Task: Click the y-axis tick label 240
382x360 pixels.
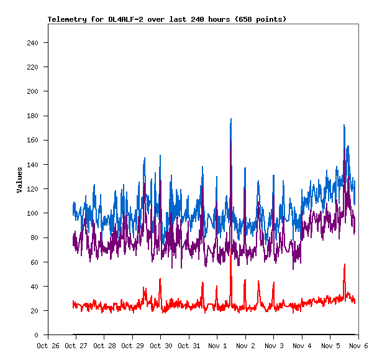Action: pos(32,43)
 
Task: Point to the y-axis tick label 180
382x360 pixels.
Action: pos(32,116)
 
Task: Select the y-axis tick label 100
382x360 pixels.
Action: pos(32,213)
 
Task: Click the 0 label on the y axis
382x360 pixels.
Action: pos(37,335)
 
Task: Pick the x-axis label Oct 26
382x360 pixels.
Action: pos(48,346)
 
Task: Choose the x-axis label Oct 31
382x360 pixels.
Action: pos(189,346)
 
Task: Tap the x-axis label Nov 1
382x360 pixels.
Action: pos(217,346)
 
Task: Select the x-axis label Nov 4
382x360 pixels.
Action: pos(302,346)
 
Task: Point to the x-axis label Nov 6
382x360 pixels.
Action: pos(358,346)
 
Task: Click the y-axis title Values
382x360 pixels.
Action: pos(19,179)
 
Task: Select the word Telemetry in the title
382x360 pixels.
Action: pos(68,19)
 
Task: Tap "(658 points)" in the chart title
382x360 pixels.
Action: pos(259,19)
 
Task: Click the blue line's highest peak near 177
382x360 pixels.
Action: pos(231,119)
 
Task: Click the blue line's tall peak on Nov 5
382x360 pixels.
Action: pos(344,126)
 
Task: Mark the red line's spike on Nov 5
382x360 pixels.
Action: pos(344,265)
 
